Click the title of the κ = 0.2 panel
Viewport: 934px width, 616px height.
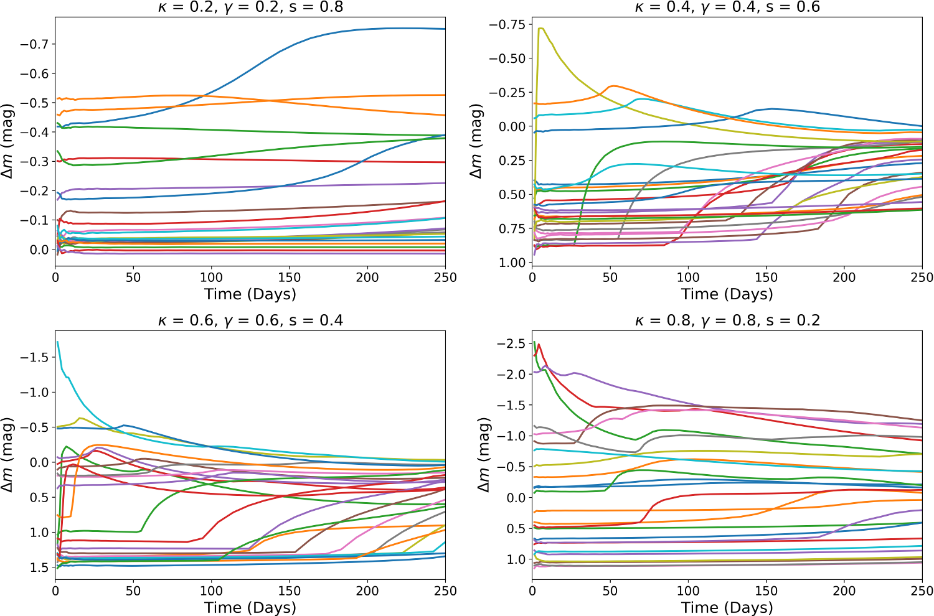(x=250, y=7)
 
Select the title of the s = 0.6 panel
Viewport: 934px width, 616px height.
(x=727, y=7)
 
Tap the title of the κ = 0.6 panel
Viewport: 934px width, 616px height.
(x=250, y=320)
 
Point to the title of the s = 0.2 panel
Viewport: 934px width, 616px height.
(x=727, y=320)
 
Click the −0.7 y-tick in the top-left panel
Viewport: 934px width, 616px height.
(x=35, y=44)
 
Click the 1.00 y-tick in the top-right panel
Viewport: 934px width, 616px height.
(x=512, y=263)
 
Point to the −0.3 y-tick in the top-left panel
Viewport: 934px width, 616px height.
(x=35, y=162)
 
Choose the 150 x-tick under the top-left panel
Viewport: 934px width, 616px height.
(x=289, y=278)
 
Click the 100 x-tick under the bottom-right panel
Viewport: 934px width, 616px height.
(x=688, y=591)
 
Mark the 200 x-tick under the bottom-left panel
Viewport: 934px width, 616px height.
(x=367, y=591)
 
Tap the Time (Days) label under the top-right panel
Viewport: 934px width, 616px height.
(x=727, y=294)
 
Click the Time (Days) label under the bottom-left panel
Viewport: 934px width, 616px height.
(x=250, y=607)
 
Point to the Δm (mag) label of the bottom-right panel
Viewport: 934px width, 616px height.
(x=485, y=455)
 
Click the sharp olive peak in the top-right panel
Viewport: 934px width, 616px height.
(x=540, y=28)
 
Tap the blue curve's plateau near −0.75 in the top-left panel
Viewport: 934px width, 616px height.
(x=399, y=28)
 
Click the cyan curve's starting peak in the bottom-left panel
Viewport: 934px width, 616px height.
(x=58, y=342)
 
